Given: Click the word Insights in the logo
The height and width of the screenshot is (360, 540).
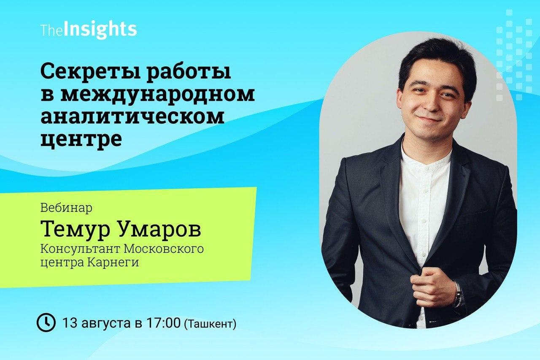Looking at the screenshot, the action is click(x=100, y=30).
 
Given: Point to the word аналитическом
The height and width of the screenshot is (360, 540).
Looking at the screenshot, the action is click(x=132, y=117).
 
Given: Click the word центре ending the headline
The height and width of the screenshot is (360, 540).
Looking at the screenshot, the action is click(x=81, y=140).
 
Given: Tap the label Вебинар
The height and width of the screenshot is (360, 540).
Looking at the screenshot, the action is click(x=66, y=208).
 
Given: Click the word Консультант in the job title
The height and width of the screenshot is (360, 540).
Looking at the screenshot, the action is click(x=80, y=249).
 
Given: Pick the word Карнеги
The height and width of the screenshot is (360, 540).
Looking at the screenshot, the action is click(x=113, y=263).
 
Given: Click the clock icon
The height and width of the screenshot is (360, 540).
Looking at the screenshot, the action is click(x=46, y=322).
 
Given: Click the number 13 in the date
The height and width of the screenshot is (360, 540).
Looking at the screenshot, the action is click(x=70, y=322).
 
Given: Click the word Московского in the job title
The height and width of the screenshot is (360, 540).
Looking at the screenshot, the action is click(x=163, y=249).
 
